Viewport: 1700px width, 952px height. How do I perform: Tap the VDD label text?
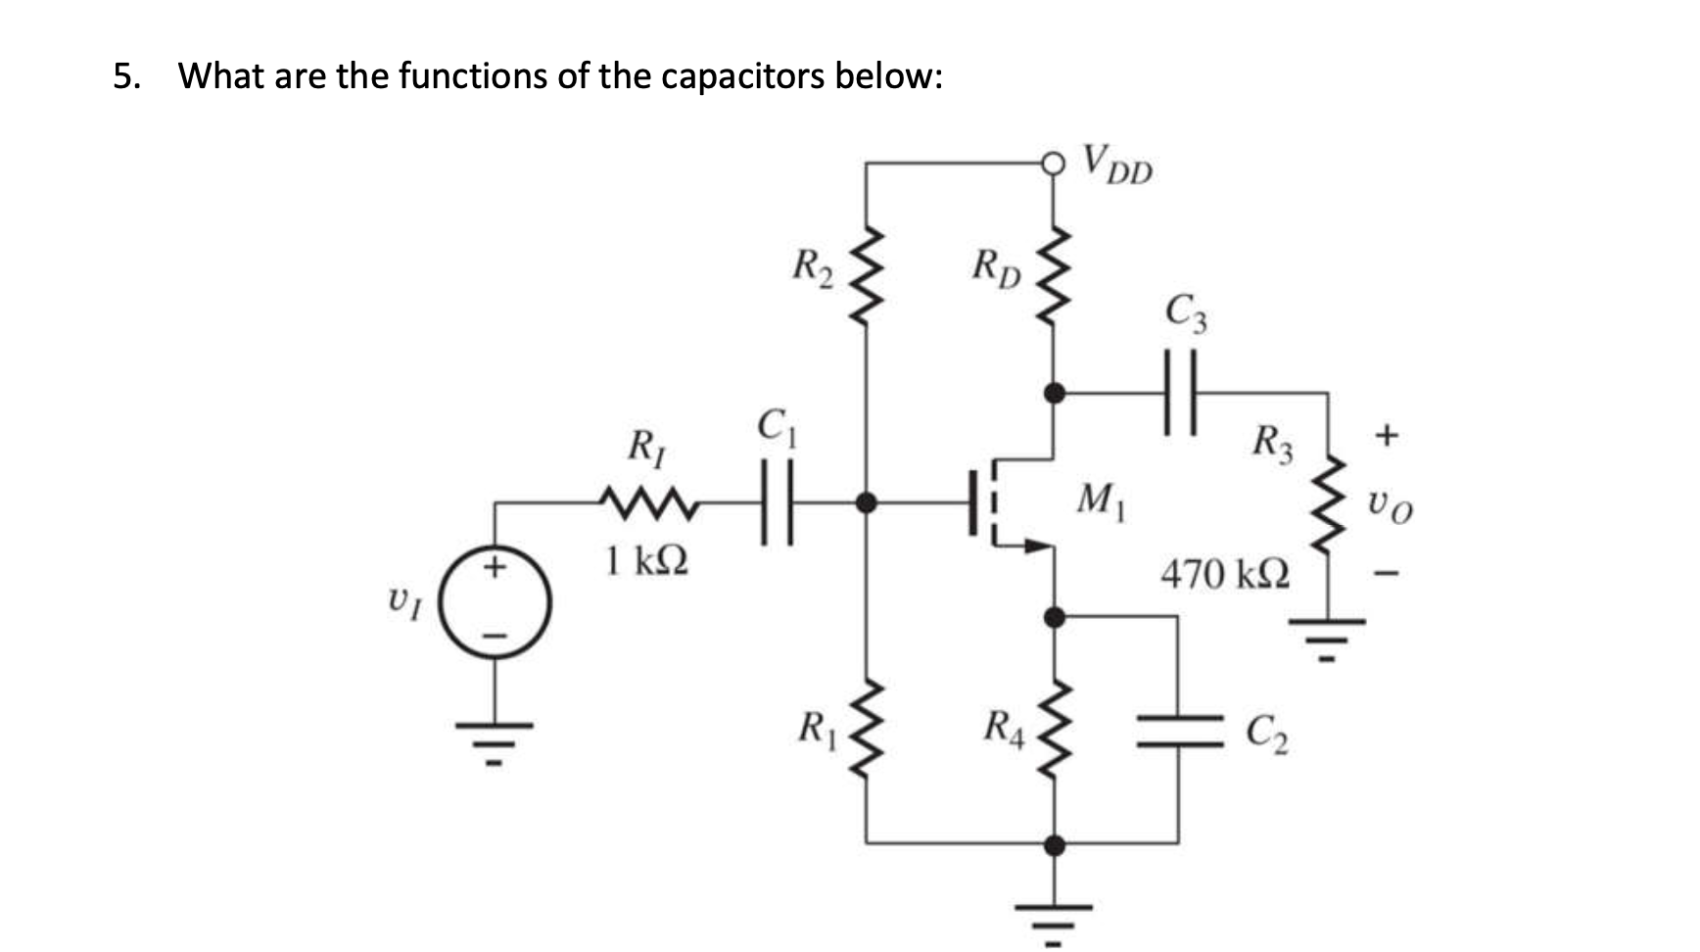coord(1118,165)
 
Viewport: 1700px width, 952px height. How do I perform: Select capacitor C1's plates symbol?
coord(776,503)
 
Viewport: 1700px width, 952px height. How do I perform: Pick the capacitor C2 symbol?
coord(1179,732)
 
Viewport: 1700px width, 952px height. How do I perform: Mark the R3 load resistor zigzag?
coord(1328,505)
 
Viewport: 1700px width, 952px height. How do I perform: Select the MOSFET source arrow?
coord(1030,547)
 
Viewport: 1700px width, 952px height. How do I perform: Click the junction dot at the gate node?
coord(866,503)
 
